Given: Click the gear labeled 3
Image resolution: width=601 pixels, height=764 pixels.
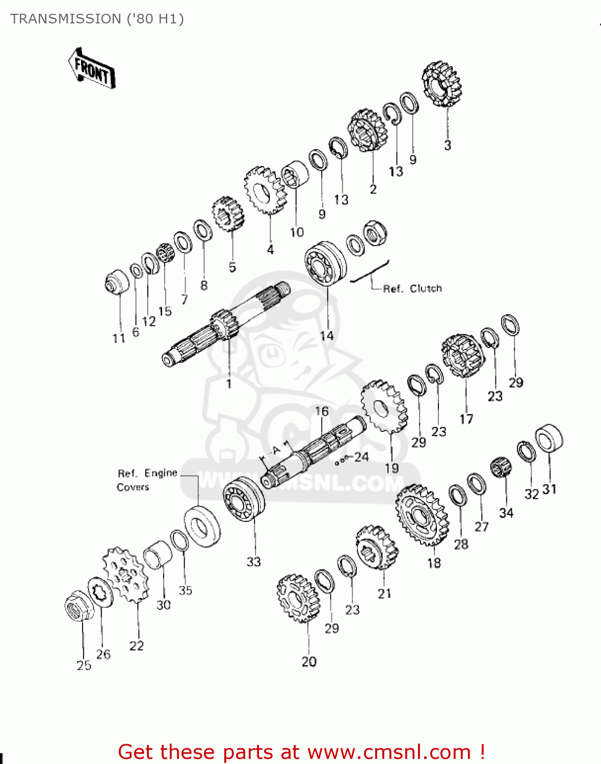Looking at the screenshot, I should [x=441, y=84].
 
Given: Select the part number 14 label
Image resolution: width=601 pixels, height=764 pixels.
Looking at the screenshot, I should [x=327, y=336].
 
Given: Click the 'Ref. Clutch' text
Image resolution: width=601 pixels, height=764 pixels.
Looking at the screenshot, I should [x=412, y=289].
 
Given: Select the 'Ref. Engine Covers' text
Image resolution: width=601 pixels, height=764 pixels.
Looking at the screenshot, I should [x=147, y=480].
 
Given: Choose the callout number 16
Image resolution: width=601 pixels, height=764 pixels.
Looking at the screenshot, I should [x=322, y=412].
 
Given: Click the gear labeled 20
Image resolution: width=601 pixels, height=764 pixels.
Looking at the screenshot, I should [x=296, y=598].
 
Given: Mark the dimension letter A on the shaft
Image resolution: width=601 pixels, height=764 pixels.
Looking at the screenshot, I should [x=276, y=451].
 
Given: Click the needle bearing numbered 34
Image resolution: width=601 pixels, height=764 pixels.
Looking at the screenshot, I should [x=501, y=468].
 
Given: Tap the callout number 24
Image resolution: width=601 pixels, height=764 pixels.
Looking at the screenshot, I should [x=361, y=457].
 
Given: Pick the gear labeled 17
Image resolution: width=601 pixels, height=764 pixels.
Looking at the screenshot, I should [x=463, y=356].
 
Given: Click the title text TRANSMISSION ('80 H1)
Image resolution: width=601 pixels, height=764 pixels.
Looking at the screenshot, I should [x=97, y=19].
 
